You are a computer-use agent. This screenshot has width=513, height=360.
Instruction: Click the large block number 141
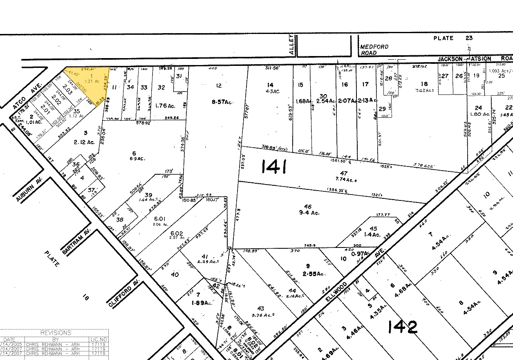tap(273, 166)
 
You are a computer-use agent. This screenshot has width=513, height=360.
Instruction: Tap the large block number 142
tap(402, 326)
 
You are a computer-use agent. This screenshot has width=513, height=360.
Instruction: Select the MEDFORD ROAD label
tap(374, 50)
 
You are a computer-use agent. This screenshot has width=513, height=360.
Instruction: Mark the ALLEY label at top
tap(291, 45)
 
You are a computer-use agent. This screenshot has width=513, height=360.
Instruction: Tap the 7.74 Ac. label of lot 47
tap(340, 180)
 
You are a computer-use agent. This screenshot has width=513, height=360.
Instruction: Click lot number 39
tap(148, 195)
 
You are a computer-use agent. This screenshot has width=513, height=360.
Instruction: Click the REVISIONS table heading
tap(55, 333)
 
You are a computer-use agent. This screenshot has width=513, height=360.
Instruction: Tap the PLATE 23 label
tap(453, 38)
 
